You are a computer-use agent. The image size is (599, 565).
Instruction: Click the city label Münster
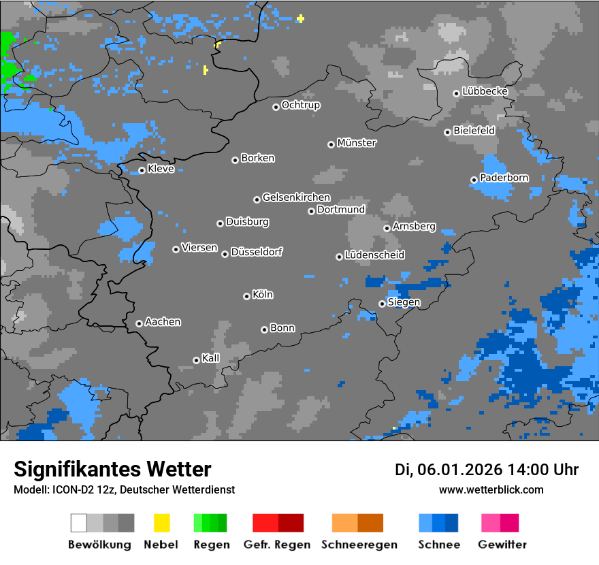pos(357,143)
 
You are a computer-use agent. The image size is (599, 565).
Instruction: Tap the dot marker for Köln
pos(246,296)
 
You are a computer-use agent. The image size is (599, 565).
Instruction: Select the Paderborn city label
pos(504,178)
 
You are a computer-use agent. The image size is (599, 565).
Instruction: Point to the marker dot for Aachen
pos(139,323)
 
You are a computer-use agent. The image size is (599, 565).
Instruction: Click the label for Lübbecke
pos(485,91)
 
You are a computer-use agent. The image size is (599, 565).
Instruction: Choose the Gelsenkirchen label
pos(296,197)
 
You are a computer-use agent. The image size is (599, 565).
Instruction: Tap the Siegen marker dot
pos(382,304)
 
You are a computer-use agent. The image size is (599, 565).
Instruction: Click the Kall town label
pos(211,358)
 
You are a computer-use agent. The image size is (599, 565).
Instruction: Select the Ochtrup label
pos(301,105)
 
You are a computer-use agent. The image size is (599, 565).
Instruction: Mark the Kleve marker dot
pos(142,170)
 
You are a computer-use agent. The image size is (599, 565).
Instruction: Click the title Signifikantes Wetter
pos(112,469)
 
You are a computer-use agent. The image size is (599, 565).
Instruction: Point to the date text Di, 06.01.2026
pos(448,470)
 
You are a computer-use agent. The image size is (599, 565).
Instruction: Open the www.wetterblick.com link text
pos(491,489)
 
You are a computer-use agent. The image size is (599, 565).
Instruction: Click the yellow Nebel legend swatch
pos(161,523)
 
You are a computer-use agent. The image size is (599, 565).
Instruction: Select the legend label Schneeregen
pos(359,545)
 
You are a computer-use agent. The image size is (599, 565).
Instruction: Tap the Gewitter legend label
pos(502,545)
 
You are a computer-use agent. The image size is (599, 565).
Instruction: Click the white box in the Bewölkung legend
pos(78,523)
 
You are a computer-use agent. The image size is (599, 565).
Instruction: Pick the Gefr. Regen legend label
pos(277,545)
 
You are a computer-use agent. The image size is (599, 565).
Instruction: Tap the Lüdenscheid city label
pos(374,255)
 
